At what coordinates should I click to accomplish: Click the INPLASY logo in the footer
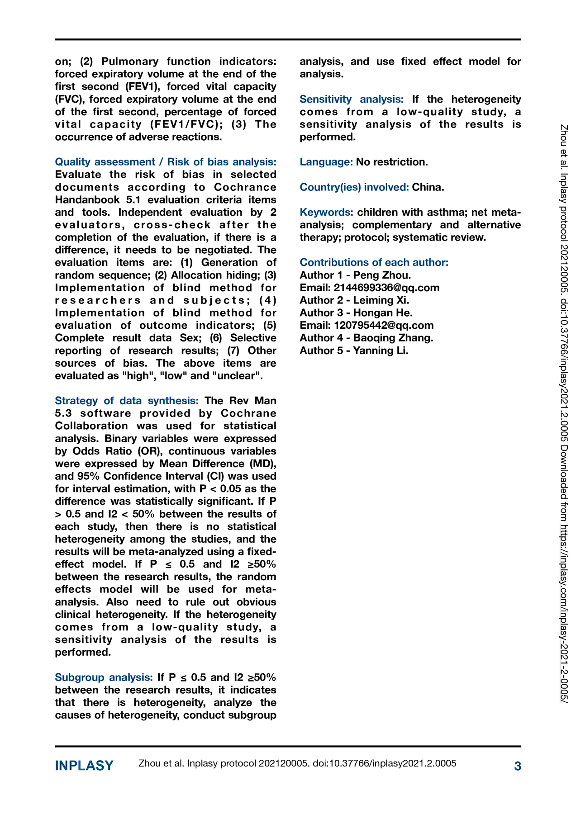[x=84, y=766]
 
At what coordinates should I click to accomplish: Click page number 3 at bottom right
[x=518, y=766]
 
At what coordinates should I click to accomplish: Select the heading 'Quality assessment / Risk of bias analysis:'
[x=166, y=162]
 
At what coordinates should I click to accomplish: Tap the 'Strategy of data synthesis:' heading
[x=127, y=401]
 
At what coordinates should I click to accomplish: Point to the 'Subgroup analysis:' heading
[x=104, y=677]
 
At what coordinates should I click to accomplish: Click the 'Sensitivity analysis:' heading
[x=352, y=99]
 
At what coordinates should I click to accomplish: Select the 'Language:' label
[x=326, y=162]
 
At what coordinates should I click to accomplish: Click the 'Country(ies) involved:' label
[x=354, y=187]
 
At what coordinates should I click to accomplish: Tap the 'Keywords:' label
[x=326, y=213]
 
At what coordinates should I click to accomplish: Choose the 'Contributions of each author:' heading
[x=374, y=263]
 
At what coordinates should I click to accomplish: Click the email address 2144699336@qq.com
[x=386, y=288]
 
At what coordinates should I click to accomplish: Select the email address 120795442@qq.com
[x=384, y=326]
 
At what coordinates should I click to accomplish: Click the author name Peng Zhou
[x=382, y=275]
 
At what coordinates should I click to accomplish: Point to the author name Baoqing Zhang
[x=393, y=338]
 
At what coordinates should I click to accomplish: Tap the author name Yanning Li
[x=381, y=351]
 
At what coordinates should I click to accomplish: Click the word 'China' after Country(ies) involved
[x=427, y=187]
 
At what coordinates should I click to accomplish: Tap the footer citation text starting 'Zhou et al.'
[x=297, y=763]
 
